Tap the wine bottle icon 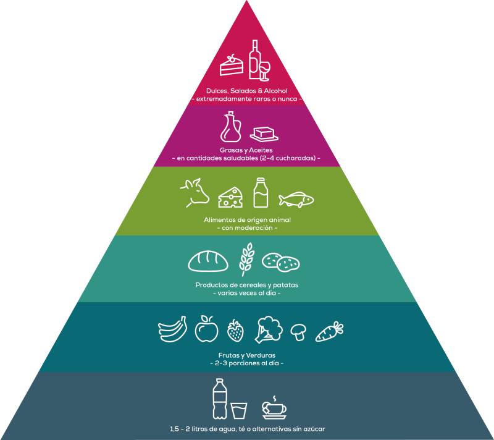(x=254, y=60)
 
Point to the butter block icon (x=264, y=133)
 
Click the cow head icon (x=195, y=192)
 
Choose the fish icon (x=296, y=199)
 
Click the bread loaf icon (x=208, y=262)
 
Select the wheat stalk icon (x=246, y=258)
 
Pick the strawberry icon (x=235, y=331)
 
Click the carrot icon (x=330, y=331)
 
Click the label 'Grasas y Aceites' (x=246, y=150)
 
